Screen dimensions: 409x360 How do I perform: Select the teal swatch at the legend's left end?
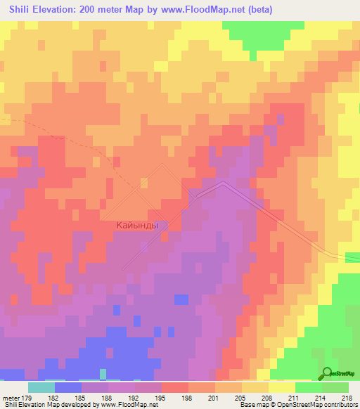coord(41,387)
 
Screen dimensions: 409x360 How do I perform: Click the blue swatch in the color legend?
coord(67,387)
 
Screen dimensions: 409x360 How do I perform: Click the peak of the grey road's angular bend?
coord(222,183)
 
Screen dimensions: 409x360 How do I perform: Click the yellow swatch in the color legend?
coord(282,387)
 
